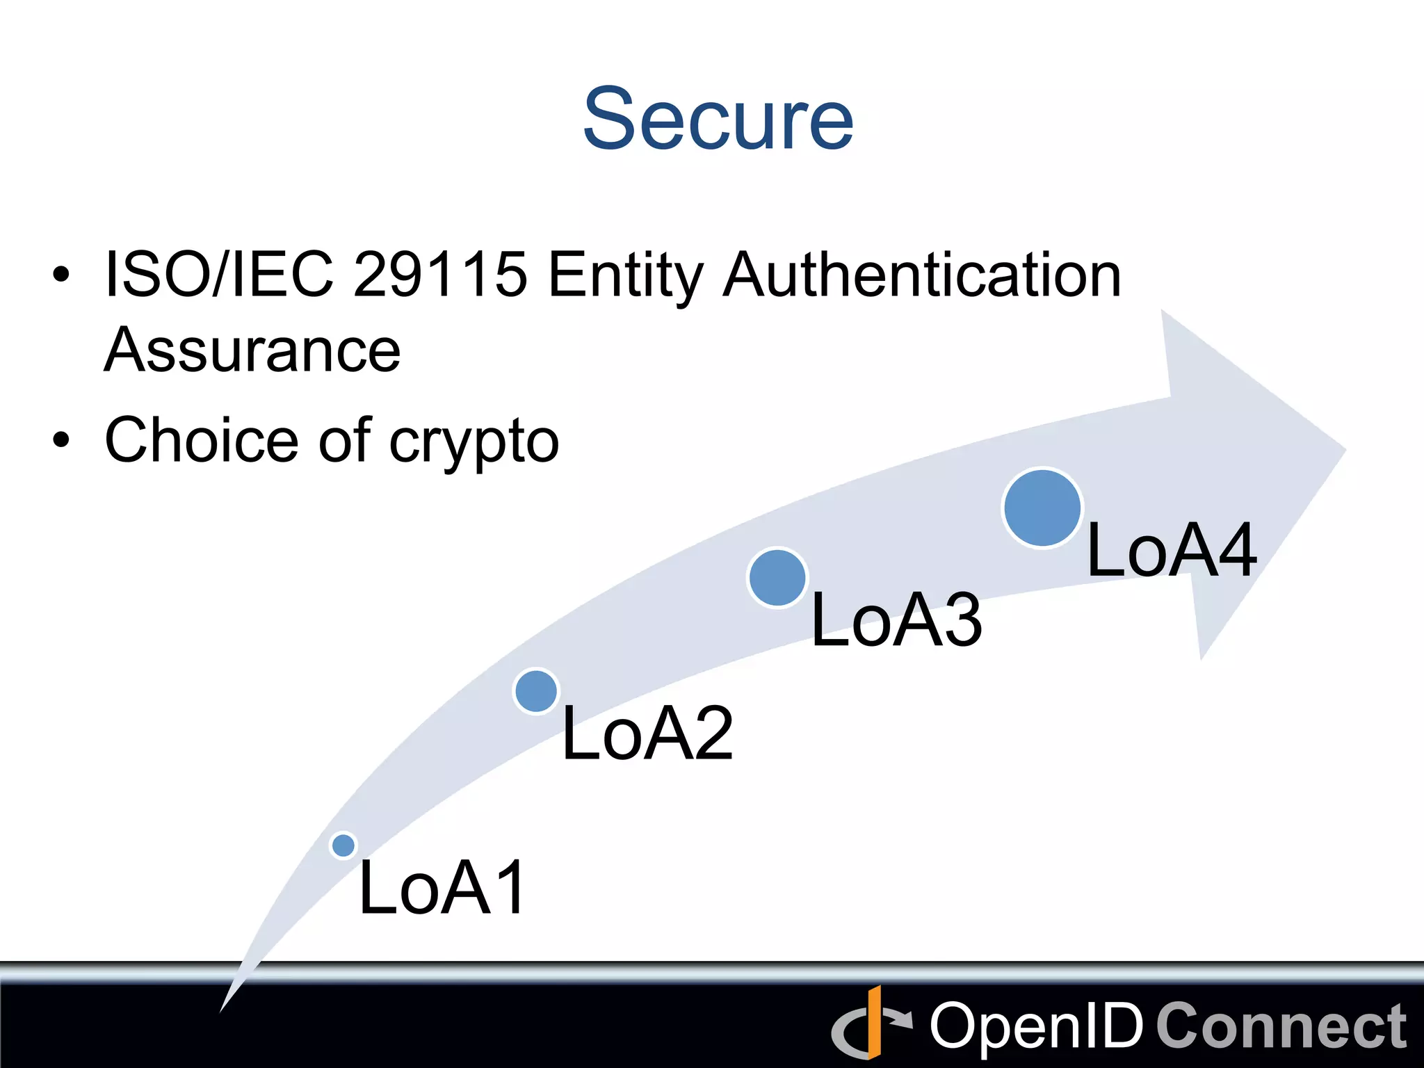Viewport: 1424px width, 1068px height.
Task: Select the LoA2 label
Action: point(647,733)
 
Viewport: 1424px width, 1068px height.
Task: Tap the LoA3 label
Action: point(896,620)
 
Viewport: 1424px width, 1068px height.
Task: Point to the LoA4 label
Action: point(1172,550)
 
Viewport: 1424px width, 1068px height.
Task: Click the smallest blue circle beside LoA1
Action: point(343,845)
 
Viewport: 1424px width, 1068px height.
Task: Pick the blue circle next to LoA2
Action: point(535,690)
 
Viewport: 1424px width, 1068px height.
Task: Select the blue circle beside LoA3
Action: point(777,578)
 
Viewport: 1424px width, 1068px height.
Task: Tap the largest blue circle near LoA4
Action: point(1042,508)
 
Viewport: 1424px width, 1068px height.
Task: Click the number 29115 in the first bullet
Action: point(440,275)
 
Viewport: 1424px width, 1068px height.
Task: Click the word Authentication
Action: point(922,275)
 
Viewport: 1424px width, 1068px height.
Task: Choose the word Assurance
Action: point(252,350)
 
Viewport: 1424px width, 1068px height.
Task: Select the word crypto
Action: point(474,442)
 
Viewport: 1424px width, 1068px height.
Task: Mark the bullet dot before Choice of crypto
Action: point(61,440)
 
